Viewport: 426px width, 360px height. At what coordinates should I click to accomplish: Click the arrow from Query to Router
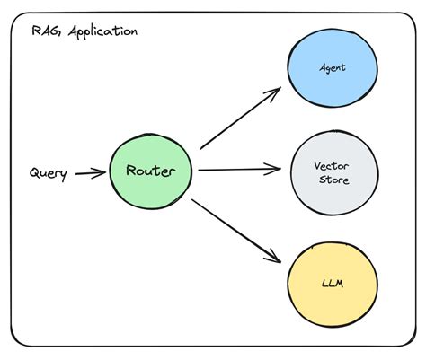tap(89, 173)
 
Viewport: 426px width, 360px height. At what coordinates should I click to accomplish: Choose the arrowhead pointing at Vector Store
tap(276, 169)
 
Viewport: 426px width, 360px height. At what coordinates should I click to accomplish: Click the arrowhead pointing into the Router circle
tap(102, 173)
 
